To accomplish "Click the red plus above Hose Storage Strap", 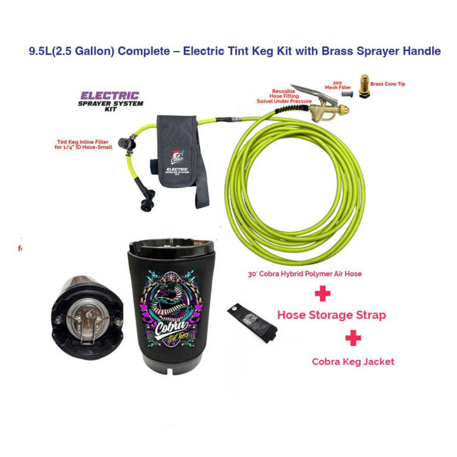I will tap(322, 294).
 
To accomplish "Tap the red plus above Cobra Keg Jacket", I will tap(353, 338).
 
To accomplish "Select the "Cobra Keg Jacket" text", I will tap(353, 361).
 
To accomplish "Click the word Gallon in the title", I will tap(89, 51).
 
